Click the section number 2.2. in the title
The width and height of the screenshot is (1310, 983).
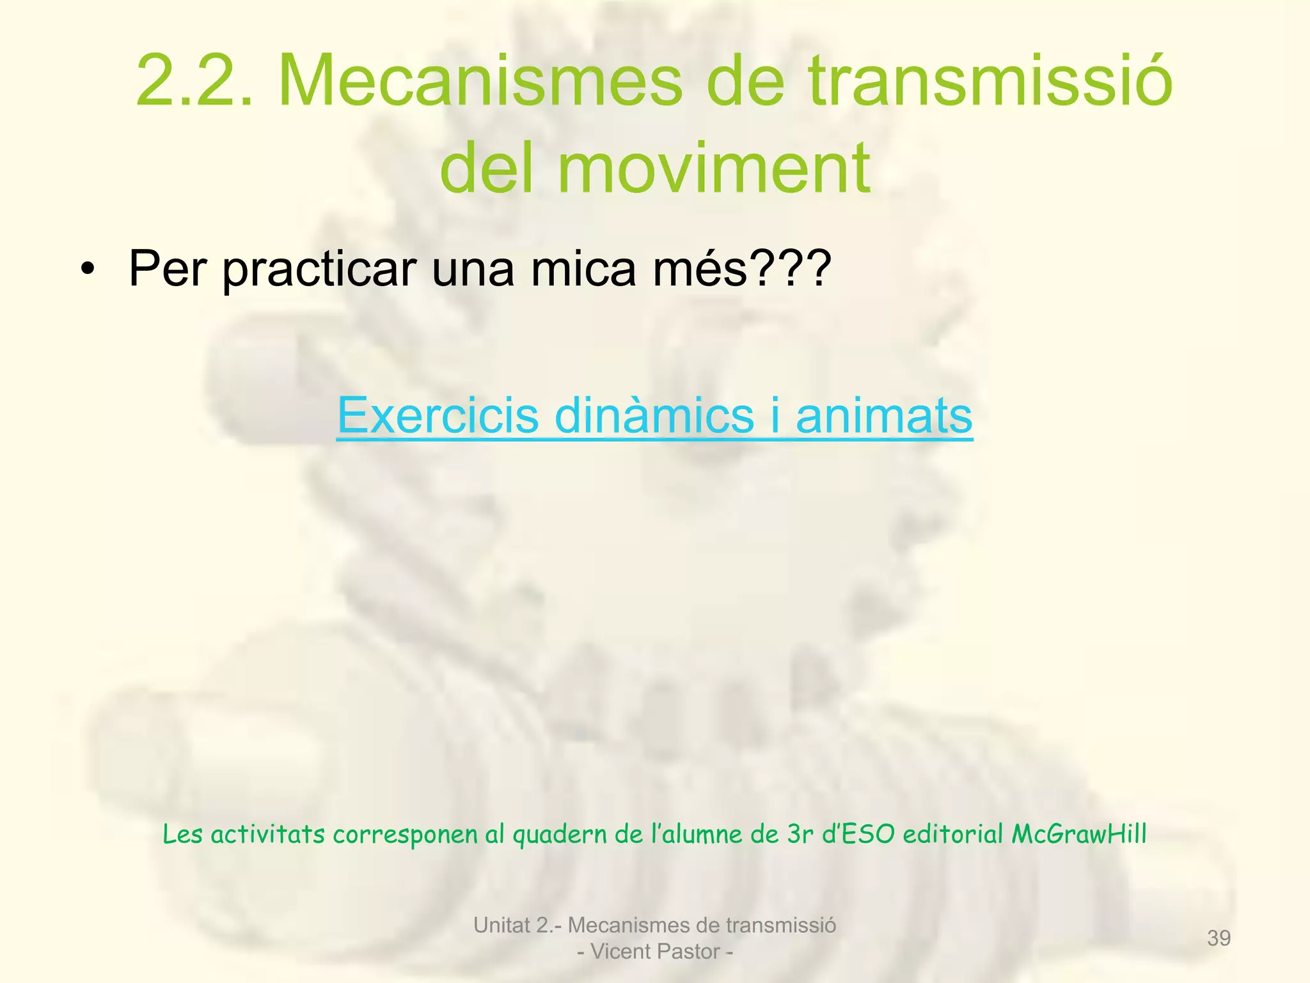(195, 81)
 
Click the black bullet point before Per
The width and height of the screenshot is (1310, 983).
(88, 269)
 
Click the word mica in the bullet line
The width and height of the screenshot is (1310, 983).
(583, 269)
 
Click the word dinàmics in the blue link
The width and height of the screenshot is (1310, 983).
(654, 416)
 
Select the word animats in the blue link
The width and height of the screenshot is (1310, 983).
(884, 416)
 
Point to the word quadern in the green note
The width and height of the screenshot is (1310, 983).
(560, 835)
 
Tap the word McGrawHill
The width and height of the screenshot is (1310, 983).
(1079, 834)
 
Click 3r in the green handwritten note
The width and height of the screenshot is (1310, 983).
(800, 834)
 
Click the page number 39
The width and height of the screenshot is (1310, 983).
(1219, 938)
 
